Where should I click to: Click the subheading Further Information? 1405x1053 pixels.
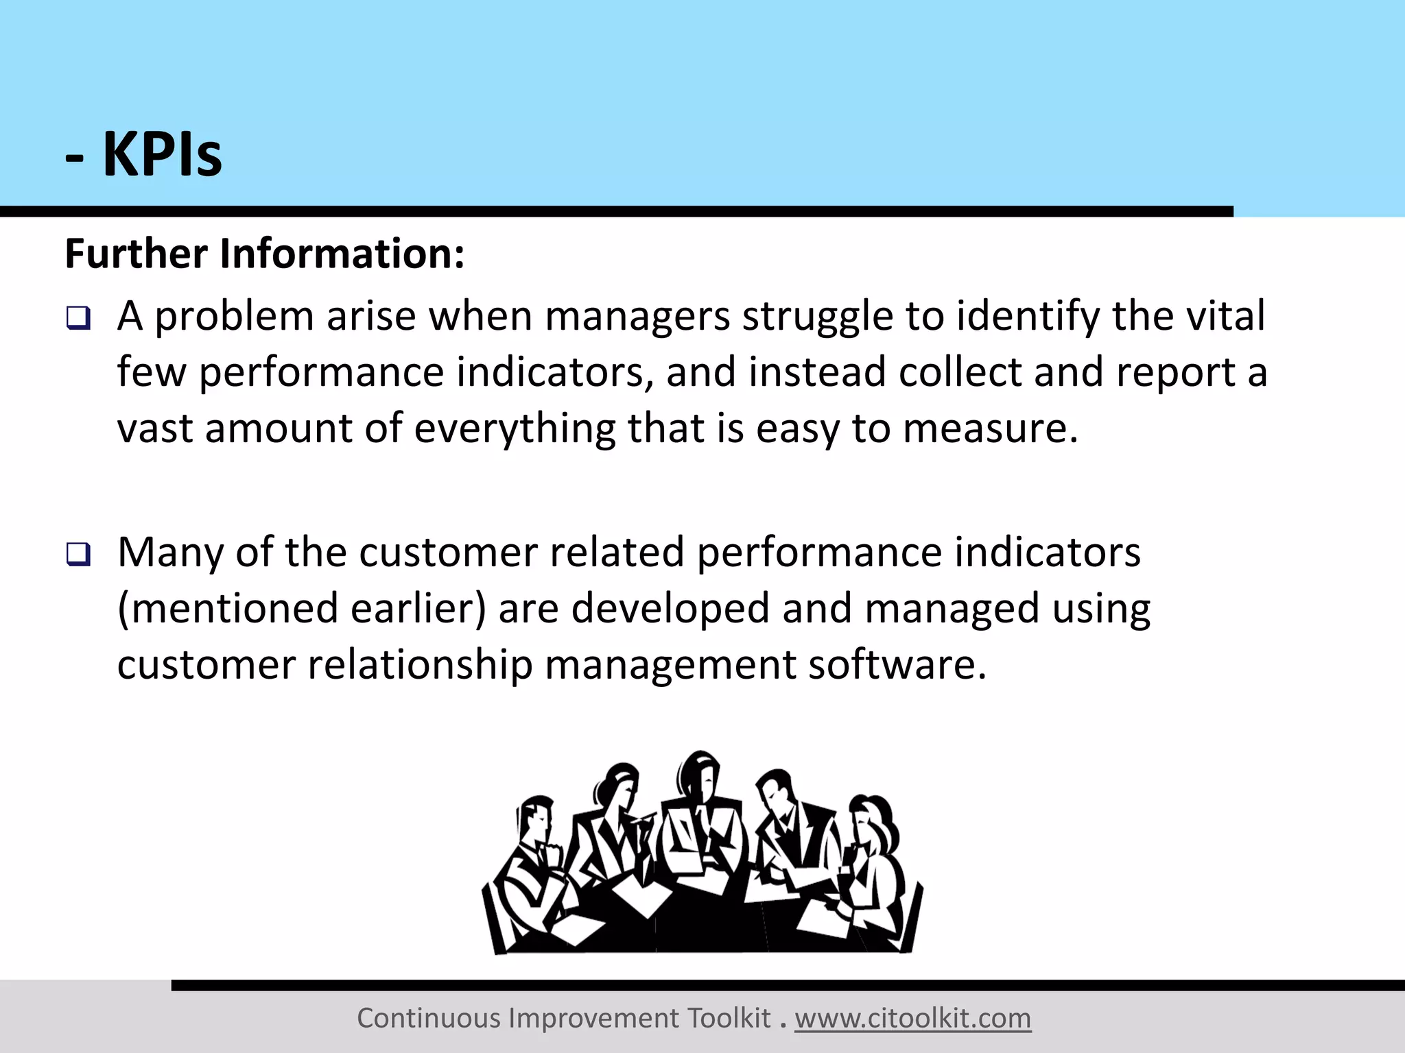(265, 254)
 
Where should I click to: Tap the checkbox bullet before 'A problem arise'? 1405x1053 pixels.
(78, 319)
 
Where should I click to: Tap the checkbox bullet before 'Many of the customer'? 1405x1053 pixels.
(78, 554)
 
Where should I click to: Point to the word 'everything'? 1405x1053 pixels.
(515, 429)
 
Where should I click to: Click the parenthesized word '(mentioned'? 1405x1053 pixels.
(228, 609)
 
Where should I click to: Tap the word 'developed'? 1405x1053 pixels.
(670, 609)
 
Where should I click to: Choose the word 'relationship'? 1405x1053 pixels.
(420, 665)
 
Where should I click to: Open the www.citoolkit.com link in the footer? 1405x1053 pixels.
(912, 1019)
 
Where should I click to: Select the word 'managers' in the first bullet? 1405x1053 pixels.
(637, 317)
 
